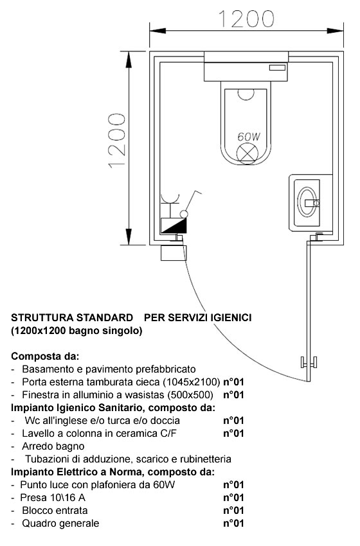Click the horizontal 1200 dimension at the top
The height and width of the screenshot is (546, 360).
coord(246,19)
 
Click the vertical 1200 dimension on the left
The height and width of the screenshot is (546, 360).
coord(117,141)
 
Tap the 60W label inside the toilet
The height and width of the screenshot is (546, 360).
coord(249,136)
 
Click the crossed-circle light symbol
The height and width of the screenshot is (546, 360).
coord(248,153)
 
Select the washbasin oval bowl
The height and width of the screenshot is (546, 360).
coord(307,202)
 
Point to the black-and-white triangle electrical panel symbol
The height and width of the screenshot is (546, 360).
coord(174,225)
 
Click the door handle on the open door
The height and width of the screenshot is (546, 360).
coord(309,362)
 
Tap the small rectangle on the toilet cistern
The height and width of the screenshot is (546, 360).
coord(277,68)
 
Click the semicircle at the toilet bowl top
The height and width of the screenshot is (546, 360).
coord(246,94)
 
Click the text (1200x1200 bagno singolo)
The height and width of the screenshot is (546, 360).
coord(76,330)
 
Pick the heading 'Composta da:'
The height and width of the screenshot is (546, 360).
coord(45,357)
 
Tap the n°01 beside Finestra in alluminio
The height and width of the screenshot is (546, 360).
coord(233,395)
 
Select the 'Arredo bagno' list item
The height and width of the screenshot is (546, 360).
coord(53,446)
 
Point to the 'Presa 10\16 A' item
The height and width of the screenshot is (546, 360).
coord(53,497)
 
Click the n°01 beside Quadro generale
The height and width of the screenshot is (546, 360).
coord(233,523)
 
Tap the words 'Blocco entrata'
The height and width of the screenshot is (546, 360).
coord(55,510)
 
